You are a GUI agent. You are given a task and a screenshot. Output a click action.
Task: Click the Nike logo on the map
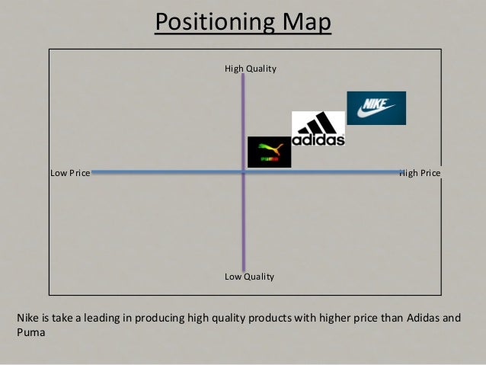[376, 108]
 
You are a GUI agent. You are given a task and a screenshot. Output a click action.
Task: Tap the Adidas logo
[318, 129]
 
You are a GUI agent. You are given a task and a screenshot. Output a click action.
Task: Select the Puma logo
[269, 152]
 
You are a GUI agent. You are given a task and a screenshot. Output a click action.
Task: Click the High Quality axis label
[250, 69]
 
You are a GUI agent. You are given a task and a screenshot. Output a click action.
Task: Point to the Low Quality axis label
[249, 277]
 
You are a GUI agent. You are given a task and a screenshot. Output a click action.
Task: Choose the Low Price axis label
[70, 173]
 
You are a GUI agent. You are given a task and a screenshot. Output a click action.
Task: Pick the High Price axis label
[420, 173]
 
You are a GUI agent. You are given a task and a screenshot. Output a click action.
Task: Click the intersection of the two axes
[243, 172]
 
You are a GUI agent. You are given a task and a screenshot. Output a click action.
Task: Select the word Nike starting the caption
[28, 318]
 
